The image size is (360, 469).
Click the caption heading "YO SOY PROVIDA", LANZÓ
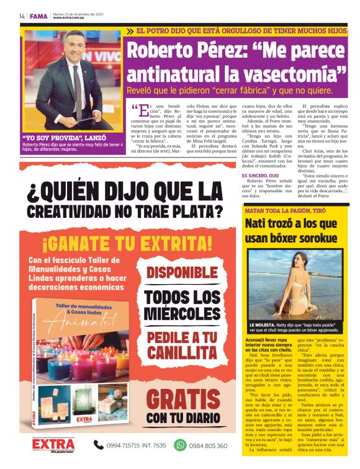55,137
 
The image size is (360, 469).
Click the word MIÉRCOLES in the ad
184,313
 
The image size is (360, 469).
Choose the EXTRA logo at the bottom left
53,444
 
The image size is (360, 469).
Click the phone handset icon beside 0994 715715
98,445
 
